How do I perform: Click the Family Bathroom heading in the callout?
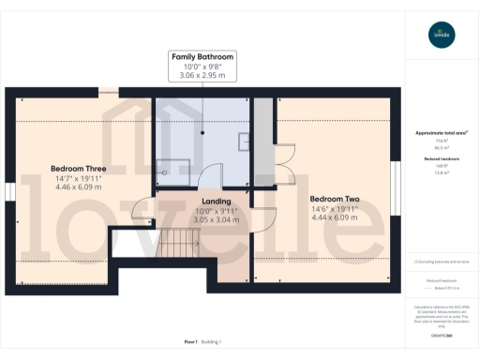[x=202, y=57]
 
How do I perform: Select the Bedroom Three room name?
[x=78, y=169]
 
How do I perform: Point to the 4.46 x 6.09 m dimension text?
[x=78, y=187]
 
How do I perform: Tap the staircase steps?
[x=173, y=246]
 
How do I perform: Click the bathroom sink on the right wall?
[x=244, y=142]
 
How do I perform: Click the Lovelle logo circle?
[x=441, y=37]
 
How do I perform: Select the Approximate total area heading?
[x=441, y=133]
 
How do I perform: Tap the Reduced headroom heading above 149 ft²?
[x=441, y=160]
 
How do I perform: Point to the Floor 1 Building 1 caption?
[x=202, y=341]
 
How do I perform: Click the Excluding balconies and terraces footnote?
[x=441, y=262]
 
